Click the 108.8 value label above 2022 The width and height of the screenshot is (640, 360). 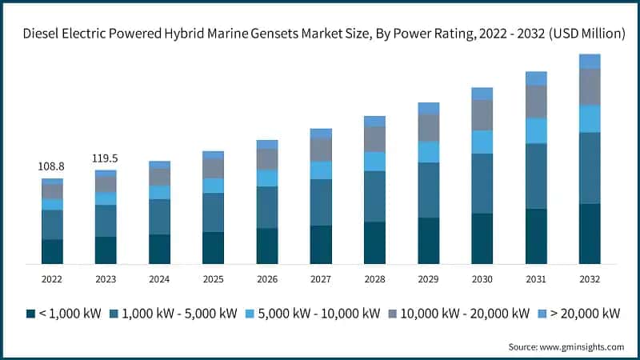(52, 166)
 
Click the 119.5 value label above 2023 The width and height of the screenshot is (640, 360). (106, 158)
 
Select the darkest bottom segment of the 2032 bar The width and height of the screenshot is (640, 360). (590, 234)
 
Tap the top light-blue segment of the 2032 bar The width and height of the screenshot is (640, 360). (590, 62)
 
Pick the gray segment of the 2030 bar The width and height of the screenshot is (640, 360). (482, 115)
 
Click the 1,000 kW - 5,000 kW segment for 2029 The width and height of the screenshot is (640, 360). (428, 190)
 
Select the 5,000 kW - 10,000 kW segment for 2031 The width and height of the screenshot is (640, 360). (536, 130)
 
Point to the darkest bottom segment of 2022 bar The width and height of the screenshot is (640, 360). (52, 251)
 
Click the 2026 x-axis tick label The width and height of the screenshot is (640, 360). (266, 278)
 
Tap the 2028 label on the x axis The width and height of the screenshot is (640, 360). (374, 278)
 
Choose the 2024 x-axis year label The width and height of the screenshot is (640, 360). (159, 278)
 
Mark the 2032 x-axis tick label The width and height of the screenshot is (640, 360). (590, 278)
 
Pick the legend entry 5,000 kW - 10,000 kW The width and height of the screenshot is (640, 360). (324, 313)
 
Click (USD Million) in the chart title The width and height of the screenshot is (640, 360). (588, 34)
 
